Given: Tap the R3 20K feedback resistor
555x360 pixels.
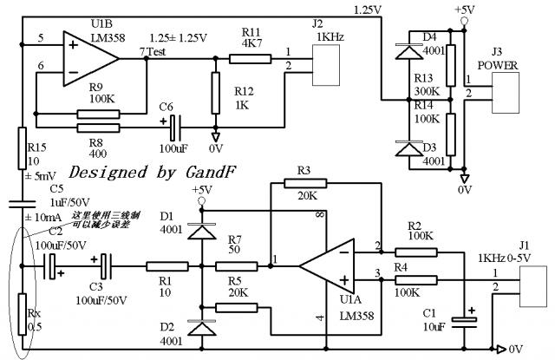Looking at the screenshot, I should [307, 183].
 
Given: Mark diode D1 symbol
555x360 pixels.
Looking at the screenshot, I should [201, 231].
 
